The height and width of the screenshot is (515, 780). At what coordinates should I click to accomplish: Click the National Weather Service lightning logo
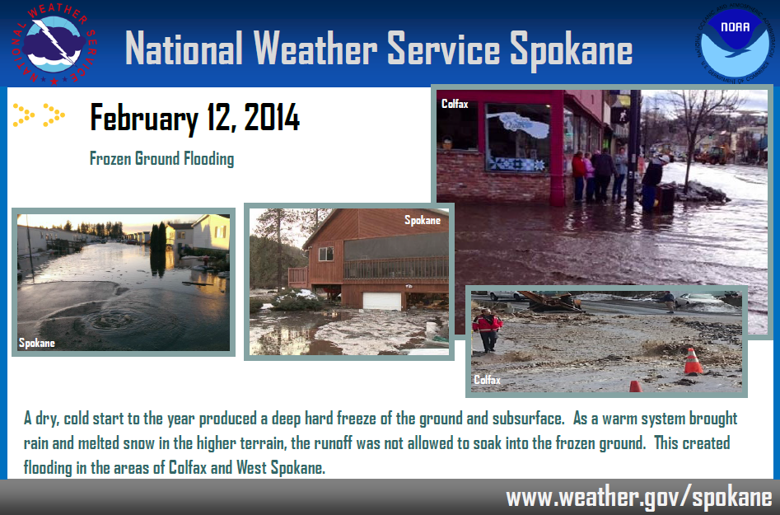point(54,44)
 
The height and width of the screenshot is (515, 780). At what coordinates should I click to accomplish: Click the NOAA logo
point(734,43)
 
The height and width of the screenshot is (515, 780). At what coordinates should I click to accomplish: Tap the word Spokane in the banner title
point(571,49)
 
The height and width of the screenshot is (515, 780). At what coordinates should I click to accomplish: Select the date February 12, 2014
point(194,118)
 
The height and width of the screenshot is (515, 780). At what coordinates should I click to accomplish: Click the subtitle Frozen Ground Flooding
point(161,159)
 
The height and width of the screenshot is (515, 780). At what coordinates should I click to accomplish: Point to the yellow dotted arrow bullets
point(39,115)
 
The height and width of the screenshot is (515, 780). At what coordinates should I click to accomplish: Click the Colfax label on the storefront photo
point(455,104)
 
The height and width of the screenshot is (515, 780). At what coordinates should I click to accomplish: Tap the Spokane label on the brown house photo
point(423,220)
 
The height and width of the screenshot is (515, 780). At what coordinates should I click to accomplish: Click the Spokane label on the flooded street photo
point(37,343)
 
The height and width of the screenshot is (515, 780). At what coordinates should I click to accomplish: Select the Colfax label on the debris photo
point(487,380)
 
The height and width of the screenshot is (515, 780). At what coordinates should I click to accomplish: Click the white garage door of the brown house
point(381,301)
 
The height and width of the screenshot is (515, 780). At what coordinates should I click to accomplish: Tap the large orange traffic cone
point(693,361)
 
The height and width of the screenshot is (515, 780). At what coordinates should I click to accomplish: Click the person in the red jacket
point(487,330)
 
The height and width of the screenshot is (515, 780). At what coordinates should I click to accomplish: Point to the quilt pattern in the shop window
point(517,164)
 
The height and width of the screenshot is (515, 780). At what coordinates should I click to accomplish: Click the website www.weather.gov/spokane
point(639,498)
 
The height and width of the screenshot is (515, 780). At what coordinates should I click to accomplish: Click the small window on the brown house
point(326,254)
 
